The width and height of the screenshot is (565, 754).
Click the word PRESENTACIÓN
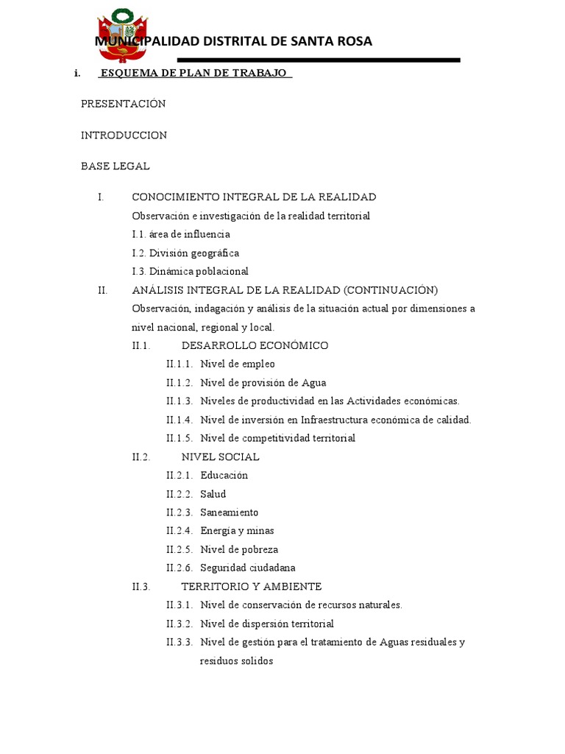click(123, 104)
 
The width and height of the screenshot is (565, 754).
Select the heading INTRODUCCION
click(124, 135)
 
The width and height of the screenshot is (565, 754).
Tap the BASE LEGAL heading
click(115, 166)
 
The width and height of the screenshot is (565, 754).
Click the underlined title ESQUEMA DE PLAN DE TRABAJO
click(194, 74)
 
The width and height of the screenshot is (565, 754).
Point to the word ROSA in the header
click(353, 41)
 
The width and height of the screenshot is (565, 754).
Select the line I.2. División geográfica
click(185, 253)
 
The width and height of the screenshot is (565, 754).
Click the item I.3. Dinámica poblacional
click(190, 271)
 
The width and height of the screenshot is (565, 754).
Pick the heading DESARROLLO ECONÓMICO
click(255, 345)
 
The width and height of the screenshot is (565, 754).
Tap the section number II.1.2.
click(180, 383)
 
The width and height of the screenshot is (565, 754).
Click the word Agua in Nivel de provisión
click(312, 383)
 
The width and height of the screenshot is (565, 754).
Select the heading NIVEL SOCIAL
click(220, 457)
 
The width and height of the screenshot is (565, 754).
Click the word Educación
click(224, 475)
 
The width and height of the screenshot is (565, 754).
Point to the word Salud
click(213, 494)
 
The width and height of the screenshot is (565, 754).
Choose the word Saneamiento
click(229, 512)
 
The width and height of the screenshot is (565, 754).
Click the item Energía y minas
click(237, 531)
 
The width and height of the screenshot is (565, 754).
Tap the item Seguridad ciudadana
click(247, 568)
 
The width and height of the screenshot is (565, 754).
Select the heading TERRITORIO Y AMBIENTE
click(251, 586)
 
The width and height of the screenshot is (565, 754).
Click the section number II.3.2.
click(180, 624)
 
